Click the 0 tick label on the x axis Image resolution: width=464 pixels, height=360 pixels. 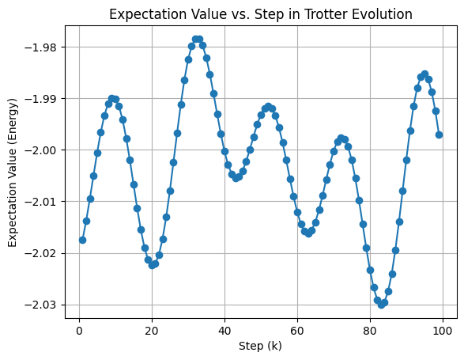(x=79, y=329)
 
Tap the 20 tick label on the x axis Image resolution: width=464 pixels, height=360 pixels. (x=152, y=329)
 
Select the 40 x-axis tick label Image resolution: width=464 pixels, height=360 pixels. (x=224, y=329)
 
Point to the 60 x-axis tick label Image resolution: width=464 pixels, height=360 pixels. (x=297, y=329)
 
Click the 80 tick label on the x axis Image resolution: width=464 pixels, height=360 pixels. (x=370, y=329)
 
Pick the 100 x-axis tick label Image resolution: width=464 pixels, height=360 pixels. (x=443, y=329)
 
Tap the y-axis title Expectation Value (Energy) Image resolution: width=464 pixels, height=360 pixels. (x=13, y=171)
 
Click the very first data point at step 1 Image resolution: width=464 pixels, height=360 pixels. (x=82, y=240)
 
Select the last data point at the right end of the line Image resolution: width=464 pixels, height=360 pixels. (x=439, y=135)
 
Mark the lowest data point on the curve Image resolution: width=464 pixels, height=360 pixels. (x=381, y=305)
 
